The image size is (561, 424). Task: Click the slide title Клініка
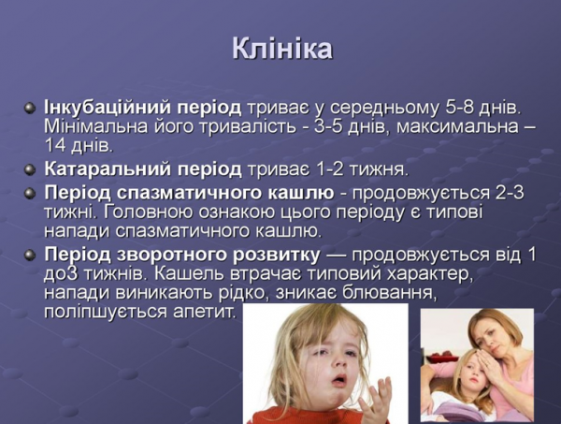click(x=281, y=49)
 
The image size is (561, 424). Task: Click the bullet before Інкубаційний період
click(x=30, y=107)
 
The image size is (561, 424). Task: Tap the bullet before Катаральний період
click(x=30, y=169)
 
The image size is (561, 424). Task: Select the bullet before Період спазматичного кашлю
click(x=30, y=192)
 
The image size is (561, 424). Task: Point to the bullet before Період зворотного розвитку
click(x=30, y=255)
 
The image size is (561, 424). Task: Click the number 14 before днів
click(x=55, y=146)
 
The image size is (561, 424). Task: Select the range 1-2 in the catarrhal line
click(x=332, y=169)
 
